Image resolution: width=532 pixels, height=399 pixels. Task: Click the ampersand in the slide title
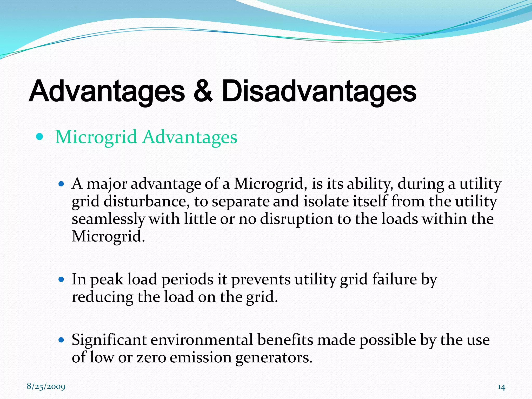click(203, 91)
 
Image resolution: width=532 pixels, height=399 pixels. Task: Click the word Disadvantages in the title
click(319, 91)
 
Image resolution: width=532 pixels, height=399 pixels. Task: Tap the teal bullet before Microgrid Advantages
click(39, 137)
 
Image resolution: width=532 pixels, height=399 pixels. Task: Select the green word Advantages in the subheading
click(190, 137)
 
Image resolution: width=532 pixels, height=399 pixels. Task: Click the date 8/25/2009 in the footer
click(46, 387)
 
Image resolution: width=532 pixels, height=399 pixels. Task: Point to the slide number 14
click(501, 387)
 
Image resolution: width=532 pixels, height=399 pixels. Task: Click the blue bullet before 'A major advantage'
click(61, 184)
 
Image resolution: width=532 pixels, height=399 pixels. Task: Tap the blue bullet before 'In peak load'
click(61, 280)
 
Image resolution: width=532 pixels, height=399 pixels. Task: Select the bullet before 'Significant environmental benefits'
click(61, 340)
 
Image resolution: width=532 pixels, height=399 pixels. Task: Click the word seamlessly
click(108, 219)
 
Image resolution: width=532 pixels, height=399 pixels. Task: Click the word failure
click(394, 280)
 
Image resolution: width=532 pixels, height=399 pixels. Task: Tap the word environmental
click(202, 340)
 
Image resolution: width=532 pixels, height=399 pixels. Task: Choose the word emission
click(201, 357)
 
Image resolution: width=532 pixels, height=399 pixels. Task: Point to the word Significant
click(109, 340)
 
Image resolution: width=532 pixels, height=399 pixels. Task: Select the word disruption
click(296, 219)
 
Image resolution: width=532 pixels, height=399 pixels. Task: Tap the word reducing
click(103, 297)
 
